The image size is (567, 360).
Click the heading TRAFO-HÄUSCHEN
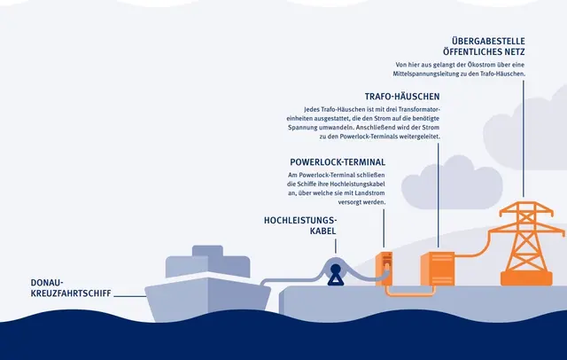(x=402, y=97)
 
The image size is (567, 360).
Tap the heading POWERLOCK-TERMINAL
(x=338, y=162)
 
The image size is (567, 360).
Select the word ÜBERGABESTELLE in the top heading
(x=488, y=41)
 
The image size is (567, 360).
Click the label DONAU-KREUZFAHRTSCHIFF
(x=71, y=288)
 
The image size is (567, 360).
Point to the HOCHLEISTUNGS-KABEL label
(x=300, y=225)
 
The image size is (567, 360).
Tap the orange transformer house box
(x=438, y=270)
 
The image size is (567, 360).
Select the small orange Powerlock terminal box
(x=384, y=268)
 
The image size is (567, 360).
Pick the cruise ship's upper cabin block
(x=207, y=262)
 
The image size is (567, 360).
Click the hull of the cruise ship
(x=207, y=299)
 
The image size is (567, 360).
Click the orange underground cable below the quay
(x=409, y=292)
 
